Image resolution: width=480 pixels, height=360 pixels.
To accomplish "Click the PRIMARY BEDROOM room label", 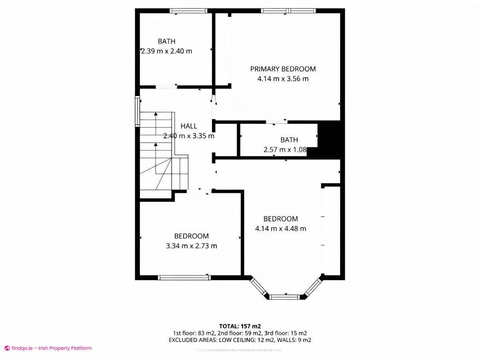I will (283, 69).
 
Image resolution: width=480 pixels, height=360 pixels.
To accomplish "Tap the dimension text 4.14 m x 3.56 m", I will (283, 79).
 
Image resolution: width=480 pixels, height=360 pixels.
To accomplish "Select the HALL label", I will (189, 126).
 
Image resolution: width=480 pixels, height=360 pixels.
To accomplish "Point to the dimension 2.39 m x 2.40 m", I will (166, 51).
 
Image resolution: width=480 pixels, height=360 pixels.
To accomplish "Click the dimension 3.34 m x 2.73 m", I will (191, 246).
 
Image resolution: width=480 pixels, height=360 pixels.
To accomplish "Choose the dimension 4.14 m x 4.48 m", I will (280, 229).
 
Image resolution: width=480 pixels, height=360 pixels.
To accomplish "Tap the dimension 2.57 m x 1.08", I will (285, 150).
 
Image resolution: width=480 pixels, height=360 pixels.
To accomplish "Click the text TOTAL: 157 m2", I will (240, 326).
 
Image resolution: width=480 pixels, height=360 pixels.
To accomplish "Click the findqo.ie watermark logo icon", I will (7, 348).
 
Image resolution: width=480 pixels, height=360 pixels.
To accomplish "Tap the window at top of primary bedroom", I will (288, 11).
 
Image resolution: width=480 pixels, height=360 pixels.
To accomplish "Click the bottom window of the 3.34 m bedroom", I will (184, 277).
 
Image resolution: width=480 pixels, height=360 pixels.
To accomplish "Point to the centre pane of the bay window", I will (284, 297).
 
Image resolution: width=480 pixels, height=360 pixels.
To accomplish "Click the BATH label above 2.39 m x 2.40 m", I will (166, 41).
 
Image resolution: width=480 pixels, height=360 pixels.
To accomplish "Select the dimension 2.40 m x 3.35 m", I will (189, 136).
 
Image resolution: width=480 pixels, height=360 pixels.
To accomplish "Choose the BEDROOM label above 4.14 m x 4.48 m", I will (280, 219).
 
